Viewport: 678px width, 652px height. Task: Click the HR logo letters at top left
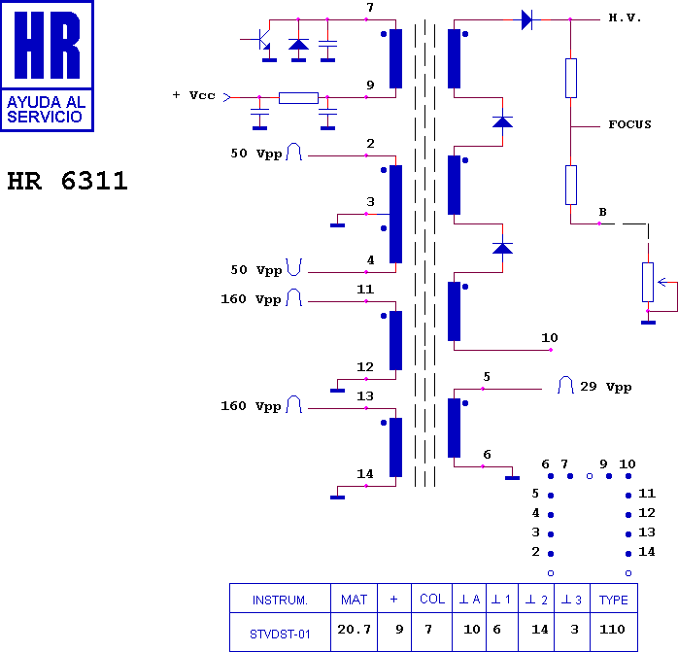(x=48, y=45)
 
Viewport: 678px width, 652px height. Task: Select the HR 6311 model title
(x=67, y=181)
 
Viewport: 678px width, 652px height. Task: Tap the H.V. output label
(x=625, y=17)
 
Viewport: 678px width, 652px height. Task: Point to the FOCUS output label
(x=629, y=124)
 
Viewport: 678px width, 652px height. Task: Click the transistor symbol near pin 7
(x=261, y=41)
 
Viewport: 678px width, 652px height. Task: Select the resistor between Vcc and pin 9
(x=298, y=98)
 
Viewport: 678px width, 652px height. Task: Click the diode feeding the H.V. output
(x=527, y=19)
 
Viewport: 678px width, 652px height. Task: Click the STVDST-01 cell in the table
(x=280, y=635)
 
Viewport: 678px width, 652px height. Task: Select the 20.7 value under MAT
(x=355, y=629)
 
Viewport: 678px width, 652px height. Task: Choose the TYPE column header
(x=613, y=601)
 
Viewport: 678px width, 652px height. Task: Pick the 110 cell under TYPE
(x=612, y=629)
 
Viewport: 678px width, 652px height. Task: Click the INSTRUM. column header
(x=280, y=601)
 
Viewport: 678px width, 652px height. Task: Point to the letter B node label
(x=603, y=212)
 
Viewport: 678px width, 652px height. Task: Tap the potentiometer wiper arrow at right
(x=662, y=282)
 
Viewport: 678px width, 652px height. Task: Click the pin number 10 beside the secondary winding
(x=550, y=337)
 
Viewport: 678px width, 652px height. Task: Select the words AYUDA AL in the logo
(x=46, y=103)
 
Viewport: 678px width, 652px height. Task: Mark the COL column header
(x=432, y=600)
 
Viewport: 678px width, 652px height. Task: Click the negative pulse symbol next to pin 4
(x=294, y=267)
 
